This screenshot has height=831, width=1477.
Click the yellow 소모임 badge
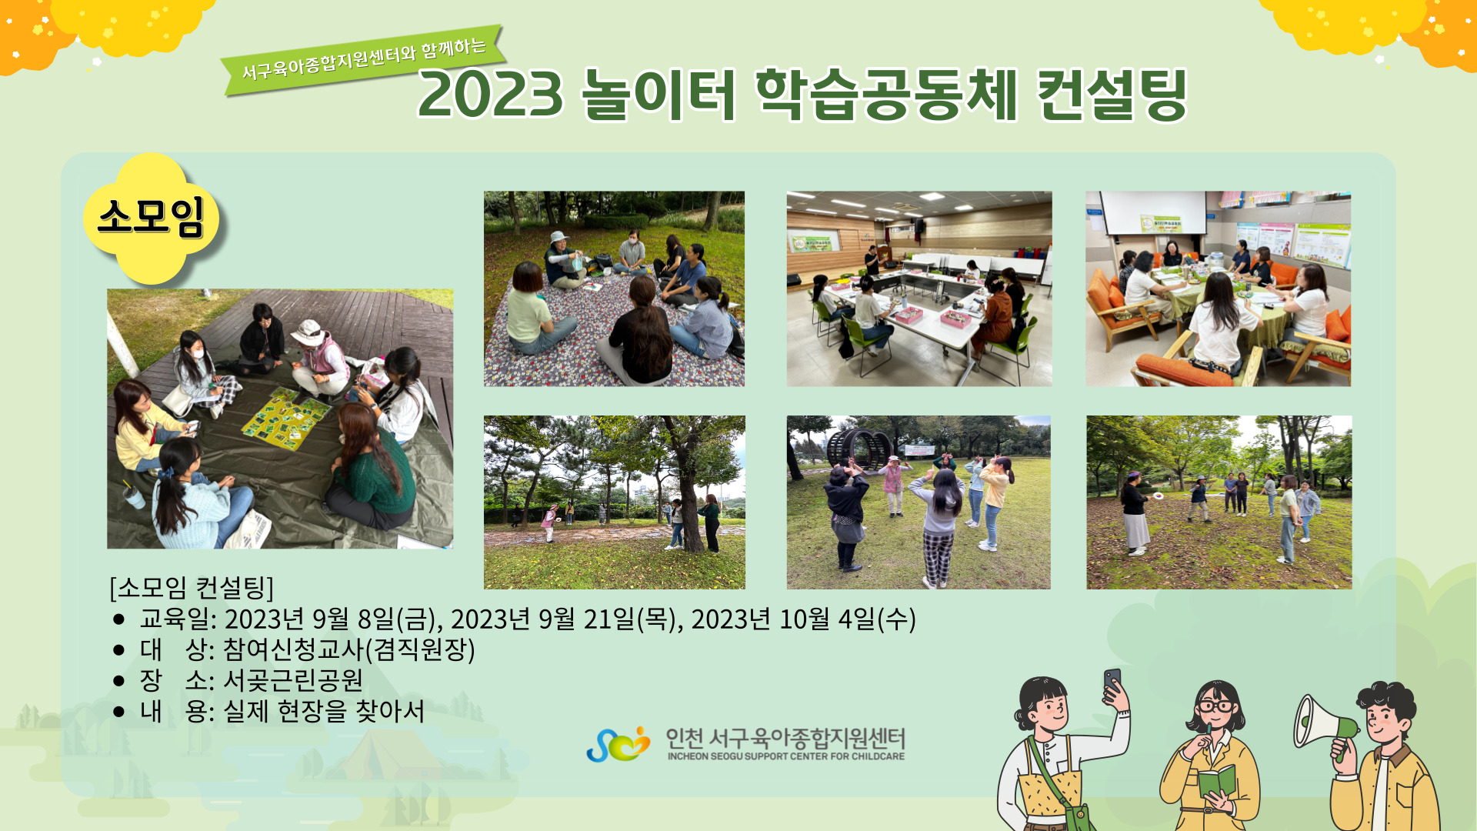[151, 218]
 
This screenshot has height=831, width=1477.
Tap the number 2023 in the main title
[491, 95]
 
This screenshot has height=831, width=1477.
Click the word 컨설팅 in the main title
[1112, 95]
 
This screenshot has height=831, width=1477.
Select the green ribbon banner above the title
[363, 60]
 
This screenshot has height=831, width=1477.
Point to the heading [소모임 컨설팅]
[192, 588]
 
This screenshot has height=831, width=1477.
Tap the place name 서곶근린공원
[293, 680]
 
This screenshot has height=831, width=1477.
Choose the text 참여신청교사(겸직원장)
[349, 649]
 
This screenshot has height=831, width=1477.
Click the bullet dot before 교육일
[118, 619]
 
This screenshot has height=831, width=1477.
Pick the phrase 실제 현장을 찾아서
[324, 711]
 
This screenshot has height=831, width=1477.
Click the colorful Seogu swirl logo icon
[618, 744]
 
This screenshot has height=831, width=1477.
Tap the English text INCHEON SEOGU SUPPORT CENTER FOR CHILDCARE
[786, 756]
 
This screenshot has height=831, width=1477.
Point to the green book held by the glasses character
[1216, 782]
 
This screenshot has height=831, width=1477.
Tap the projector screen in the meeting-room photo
[1153, 212]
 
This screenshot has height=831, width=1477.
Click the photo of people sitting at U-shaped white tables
[919, 289]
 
